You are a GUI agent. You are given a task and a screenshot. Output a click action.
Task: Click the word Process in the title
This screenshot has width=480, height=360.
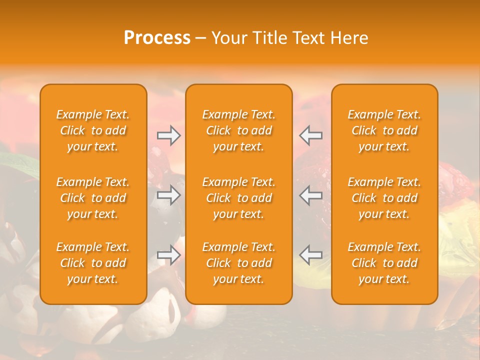point(157,38)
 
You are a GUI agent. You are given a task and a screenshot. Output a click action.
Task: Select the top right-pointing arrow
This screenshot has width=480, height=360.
point(168,135)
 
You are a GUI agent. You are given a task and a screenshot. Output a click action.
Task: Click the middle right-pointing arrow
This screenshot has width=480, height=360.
point(168,195)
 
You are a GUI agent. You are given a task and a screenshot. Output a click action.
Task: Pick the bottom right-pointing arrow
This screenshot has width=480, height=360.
point(168,255)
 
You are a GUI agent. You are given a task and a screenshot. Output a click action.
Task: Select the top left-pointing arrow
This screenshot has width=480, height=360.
point(311,135)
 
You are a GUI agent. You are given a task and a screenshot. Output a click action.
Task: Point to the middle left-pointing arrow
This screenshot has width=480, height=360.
point(311,195)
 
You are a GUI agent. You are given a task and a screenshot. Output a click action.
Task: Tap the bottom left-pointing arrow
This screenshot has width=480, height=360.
point(311,255)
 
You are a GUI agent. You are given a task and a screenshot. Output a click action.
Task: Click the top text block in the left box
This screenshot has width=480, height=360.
point(93,130)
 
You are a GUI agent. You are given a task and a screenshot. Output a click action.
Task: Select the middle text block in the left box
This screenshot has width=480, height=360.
point(93,198)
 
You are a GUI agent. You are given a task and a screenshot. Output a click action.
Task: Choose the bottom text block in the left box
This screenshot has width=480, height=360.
point(93,263)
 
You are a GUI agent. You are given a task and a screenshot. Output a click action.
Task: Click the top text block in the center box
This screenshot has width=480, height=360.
point(239,130)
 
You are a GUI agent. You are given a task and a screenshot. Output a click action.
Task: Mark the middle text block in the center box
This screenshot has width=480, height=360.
point(239,198)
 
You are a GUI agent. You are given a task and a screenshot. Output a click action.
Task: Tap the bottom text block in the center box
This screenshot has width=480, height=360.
point(239,263)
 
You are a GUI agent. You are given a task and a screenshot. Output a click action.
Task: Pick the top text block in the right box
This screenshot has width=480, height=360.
point(384,130)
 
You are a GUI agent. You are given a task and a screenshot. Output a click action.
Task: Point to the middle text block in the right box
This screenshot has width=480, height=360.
point(384,198)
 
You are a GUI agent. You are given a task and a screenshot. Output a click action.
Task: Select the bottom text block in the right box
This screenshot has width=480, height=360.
point(384,263)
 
